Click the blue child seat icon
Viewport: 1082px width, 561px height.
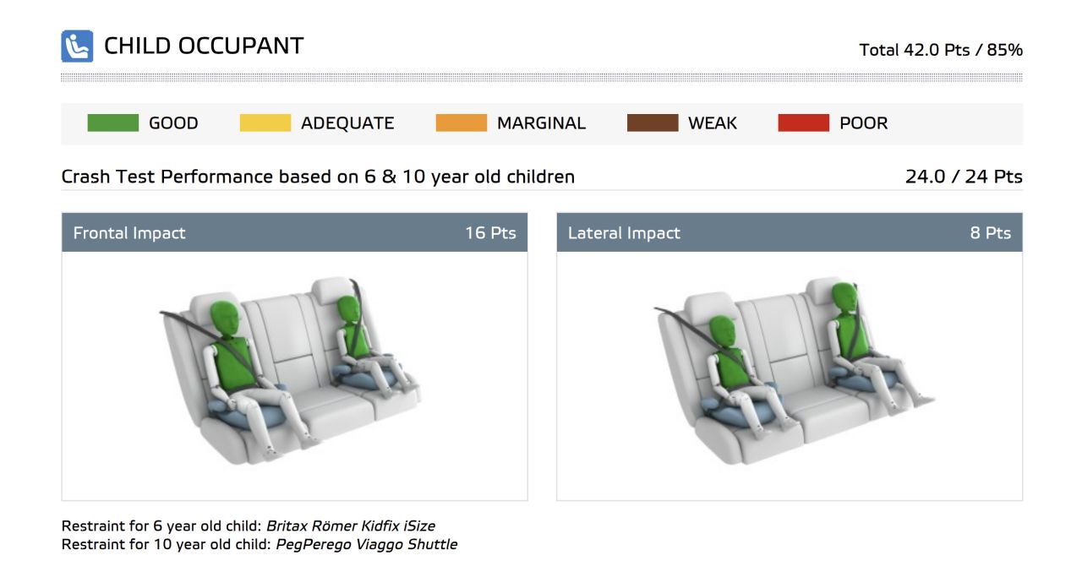coord(77,46)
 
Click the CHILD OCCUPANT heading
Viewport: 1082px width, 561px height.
coord(204,46)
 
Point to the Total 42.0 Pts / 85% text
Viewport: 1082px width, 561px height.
coord(941,50)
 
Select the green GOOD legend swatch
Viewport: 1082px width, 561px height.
coord(113,123)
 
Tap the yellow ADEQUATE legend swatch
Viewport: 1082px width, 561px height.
coord(265,123)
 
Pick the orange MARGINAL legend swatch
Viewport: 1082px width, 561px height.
coord(462,123)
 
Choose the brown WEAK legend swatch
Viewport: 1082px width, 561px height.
coord(653,123)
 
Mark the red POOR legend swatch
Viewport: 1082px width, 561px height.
coord(804,123)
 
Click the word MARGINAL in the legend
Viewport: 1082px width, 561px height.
coord(541,123)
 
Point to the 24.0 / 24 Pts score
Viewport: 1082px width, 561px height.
coord(964,177)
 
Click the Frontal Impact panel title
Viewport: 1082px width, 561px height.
coord(129,232)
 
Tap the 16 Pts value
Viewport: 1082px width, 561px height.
coord(490,232)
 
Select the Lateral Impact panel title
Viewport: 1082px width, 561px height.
coord(624,232)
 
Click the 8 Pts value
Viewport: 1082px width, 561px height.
coord(990,232)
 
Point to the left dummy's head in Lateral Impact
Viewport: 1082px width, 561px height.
coord(723,333)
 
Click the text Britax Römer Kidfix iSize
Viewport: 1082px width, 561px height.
coord(351,526)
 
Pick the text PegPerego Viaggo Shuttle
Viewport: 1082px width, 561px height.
coord(367,545)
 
